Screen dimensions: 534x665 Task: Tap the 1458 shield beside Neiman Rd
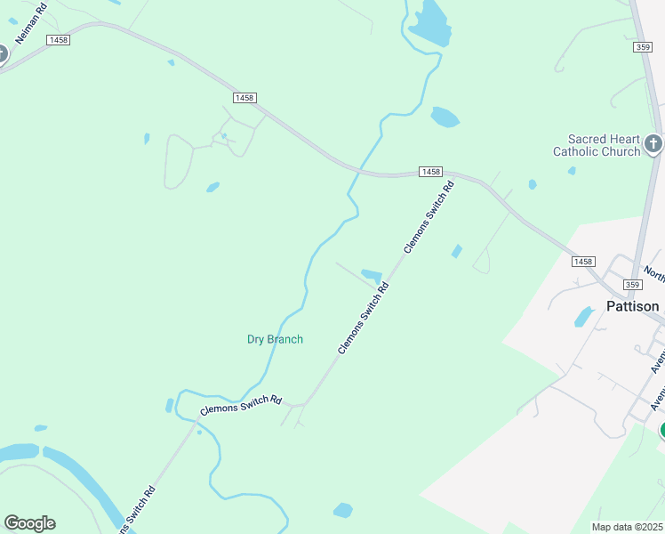click(60, 40)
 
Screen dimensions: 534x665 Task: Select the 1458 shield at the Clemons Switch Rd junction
click(430, 171)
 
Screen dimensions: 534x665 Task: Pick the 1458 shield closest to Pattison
click(582, 261)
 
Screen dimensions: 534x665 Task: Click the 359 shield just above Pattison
click(632, 284)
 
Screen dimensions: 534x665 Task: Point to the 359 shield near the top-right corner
click(645, 46)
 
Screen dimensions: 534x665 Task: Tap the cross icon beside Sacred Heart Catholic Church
click(653, 143)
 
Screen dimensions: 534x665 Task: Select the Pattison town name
click(632, 306)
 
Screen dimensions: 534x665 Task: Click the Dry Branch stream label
click(275, 339)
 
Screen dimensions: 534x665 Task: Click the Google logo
click(29, 523)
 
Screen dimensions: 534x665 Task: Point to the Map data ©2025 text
click(627, 527)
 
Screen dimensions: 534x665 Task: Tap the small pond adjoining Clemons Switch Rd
click(372, 275)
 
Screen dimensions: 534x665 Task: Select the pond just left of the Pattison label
click(584, 317)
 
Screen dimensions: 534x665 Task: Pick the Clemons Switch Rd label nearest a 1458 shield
click(429, 217)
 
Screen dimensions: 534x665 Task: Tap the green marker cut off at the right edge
click(661, 431)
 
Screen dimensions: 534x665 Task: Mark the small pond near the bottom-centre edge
click(342, 510)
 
